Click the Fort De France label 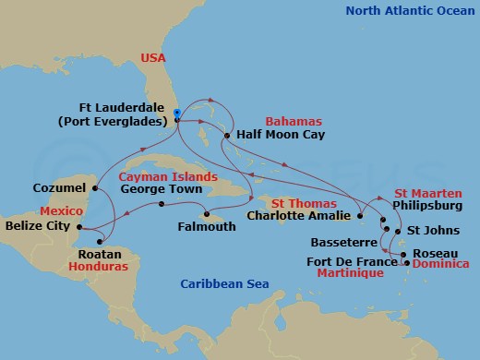[x=352, y=260]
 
